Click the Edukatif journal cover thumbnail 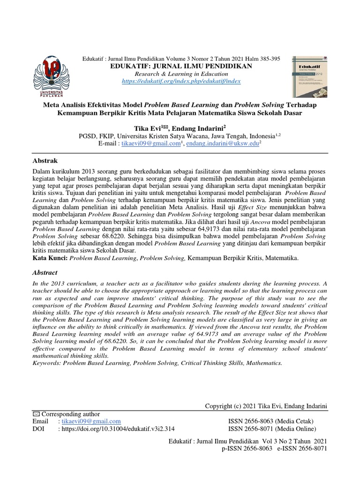(311, 76)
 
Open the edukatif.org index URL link (180, 81)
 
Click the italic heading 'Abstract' (45, 272)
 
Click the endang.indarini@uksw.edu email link (222, 143)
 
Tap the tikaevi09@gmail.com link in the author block (150, 143)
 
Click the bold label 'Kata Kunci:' (50, 258)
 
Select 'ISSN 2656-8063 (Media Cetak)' (267, 421)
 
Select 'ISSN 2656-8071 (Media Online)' (269, 429)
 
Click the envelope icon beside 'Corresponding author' (37, 414)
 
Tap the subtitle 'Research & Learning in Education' (180, 74)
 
